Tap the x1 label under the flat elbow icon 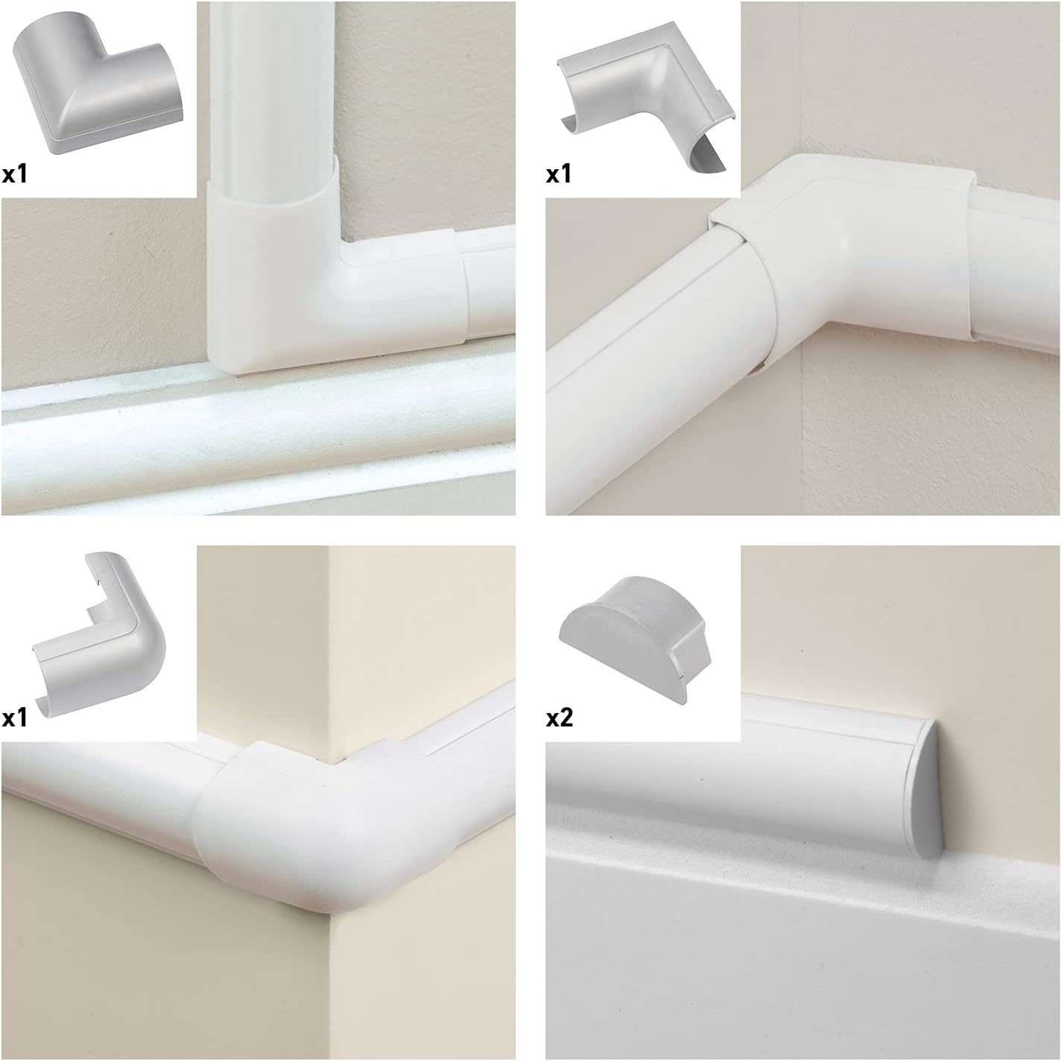(x=15, y=175)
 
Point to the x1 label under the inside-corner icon (x=559, y=175)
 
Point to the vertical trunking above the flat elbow (x=272, y=89)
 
